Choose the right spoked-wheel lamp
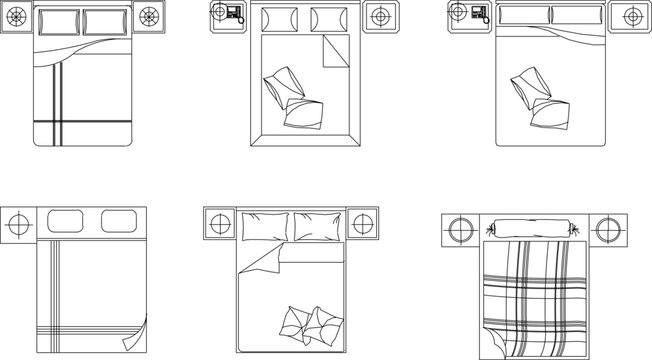pyautogui.click(x=149, y=17)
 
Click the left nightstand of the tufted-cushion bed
pyautogui.click(x=218, y=224)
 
